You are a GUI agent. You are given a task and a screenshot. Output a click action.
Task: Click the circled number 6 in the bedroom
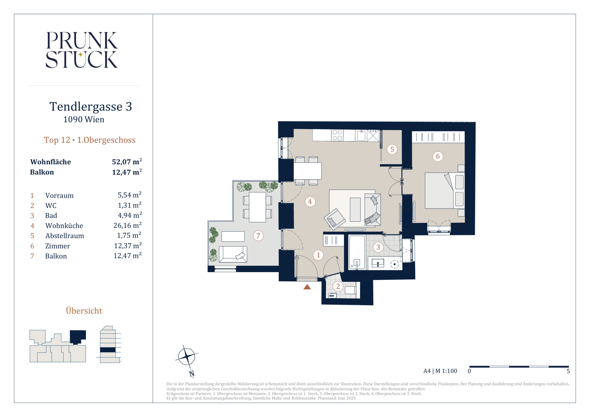(438, 156)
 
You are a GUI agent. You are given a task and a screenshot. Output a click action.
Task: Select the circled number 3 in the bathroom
(378, 247)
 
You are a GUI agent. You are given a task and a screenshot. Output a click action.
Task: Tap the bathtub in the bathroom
(357, 252)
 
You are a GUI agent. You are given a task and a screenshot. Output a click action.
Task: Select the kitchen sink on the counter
(361, 135)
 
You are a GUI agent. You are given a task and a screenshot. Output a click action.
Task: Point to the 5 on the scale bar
(568, 371)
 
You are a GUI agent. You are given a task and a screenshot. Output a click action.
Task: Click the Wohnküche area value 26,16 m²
(127, 225)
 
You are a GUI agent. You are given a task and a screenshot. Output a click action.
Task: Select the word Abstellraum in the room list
(64, 236)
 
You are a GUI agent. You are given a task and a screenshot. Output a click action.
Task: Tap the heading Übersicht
(84, 310)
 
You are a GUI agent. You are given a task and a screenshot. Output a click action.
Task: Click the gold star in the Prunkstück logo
(81, 54)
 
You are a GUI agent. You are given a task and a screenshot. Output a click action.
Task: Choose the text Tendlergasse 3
(91, 106)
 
